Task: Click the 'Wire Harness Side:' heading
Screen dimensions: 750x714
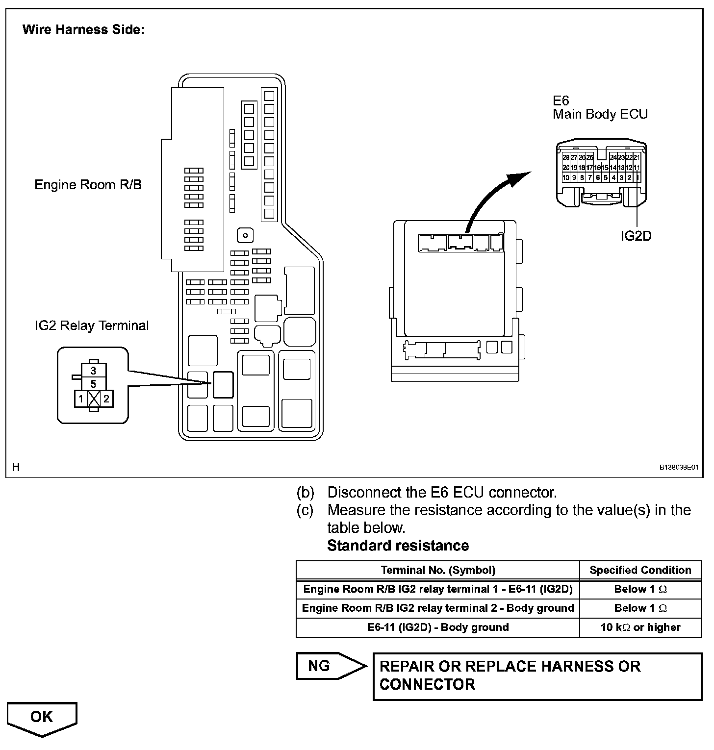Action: coord(83,29)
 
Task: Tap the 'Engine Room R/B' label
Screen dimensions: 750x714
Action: coord(88,185)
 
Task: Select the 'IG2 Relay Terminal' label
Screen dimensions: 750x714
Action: coord(92,325)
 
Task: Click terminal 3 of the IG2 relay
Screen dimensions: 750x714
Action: coord(94,371)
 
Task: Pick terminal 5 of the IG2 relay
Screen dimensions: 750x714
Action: coord(94,384)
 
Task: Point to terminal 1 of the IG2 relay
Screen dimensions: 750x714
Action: coord(81,399)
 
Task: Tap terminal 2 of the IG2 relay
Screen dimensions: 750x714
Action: coord(106,399)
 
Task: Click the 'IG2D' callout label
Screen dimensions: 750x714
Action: coord(636,236)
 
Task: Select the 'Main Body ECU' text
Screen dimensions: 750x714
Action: coord(600,114)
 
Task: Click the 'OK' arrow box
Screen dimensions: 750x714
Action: coord(42,717)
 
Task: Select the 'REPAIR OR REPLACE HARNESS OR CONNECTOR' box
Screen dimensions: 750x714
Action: coord(537,675)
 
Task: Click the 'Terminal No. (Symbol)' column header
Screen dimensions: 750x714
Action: coord(438,570)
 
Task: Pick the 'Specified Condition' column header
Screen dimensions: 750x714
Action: coord(640,570)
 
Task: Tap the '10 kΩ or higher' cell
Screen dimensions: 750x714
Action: coord(640,627)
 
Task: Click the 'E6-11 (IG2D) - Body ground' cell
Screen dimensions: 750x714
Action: coord(438,627)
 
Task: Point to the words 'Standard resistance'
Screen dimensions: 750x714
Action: coord(398,546)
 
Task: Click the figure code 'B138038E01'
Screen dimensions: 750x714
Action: coord(679,468)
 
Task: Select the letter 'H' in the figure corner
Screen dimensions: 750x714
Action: coord(16,467)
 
